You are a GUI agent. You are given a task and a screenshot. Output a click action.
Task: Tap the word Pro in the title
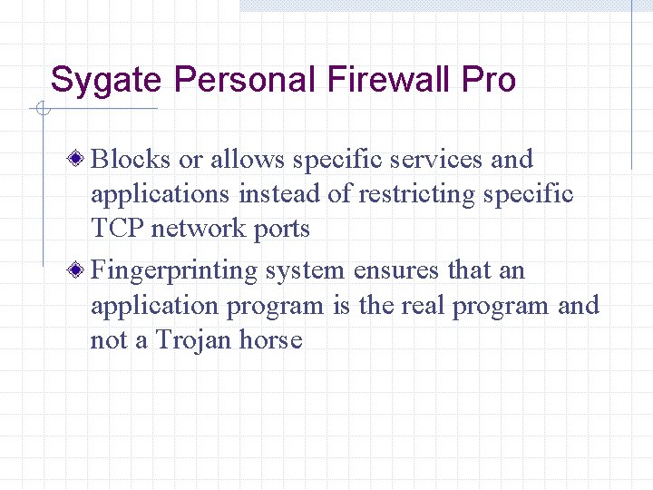pos(488,80)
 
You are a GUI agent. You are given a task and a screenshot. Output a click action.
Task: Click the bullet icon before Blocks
pos(80,160)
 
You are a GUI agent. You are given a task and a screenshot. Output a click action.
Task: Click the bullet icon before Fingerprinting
pos(80,270)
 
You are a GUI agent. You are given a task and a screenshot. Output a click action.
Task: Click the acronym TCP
pos(117,228)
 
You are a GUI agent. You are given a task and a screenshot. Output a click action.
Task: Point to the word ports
pos(281,229)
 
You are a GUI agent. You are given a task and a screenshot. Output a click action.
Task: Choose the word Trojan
pos(194,340)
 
